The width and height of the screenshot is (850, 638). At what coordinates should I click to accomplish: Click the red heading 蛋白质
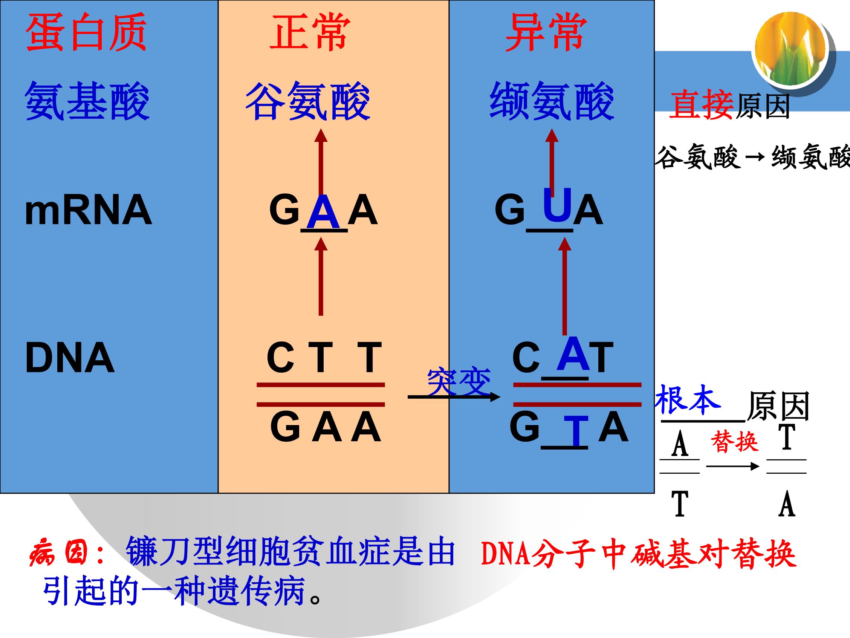coord(86,32)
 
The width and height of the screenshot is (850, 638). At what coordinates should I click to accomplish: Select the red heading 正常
coord(310,32)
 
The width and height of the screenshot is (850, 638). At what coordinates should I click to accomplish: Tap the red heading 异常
coord(546,32)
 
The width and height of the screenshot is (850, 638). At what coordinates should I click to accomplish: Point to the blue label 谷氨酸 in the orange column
coord(307,101)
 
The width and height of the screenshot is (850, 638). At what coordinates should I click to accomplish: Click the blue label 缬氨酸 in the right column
coord(552,101)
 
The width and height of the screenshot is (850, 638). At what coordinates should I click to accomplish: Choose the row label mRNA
coord(88,210)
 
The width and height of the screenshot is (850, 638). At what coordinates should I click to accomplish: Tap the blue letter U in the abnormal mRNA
coord(557,205)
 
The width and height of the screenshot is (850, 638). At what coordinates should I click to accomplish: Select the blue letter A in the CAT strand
coord(573,353)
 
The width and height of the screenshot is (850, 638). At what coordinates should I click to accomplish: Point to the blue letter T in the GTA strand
coord(575,431)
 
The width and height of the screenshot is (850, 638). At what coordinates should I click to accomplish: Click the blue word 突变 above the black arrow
coord(459,382)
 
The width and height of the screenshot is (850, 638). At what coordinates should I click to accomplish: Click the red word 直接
coord(701,105)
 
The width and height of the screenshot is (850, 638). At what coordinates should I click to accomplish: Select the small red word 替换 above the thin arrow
coord(734,442)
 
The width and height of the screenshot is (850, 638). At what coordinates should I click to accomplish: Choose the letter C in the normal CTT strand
coord(280,357)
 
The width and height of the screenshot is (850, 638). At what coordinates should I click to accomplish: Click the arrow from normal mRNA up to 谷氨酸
coord(321,161)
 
